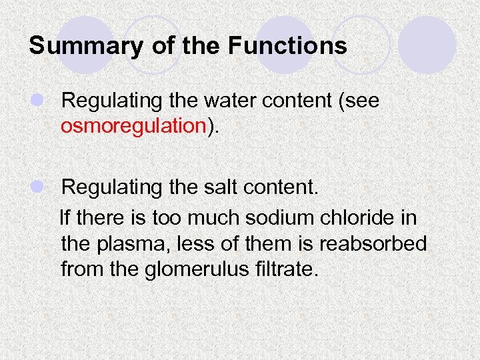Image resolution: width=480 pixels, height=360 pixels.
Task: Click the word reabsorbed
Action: tap(373, 243)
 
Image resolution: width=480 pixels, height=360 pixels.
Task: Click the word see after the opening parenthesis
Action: tap(363, 101)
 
